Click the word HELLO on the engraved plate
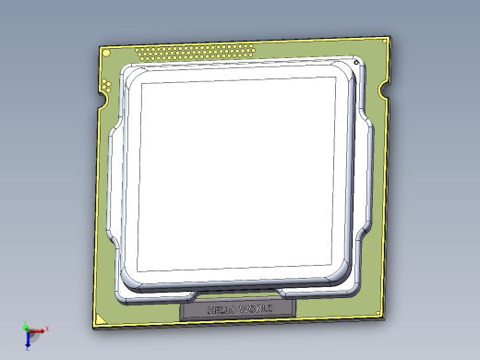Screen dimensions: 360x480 coord(222,309)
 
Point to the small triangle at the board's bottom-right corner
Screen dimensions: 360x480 coord(381,313)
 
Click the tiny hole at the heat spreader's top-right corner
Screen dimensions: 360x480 coord(356,62)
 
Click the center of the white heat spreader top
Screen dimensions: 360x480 coord(235,175)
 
